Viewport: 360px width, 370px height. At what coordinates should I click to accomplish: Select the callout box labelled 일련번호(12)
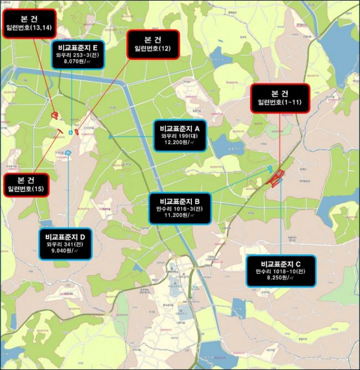pyautogui.click(x=153, y=44)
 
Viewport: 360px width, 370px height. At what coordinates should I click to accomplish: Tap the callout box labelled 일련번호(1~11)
pyautogui.click(x=280, y=98)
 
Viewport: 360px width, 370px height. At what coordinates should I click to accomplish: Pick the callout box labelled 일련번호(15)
pyautogui.click(x=25, y=184)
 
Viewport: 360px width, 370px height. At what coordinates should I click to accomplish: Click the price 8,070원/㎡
pyautogui.click(x=78, y=61)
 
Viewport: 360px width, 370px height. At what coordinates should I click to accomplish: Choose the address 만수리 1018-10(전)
pyautogui.click(x=281, y=271)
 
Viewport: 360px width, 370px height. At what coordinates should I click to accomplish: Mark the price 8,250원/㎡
pyautogui.click(x=281, y=278)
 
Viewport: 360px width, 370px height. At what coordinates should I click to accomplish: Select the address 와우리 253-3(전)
pyautogui.click(x=78, y=54)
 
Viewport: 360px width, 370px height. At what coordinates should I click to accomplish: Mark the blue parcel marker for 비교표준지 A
pyautogui.click(x=110, y=137)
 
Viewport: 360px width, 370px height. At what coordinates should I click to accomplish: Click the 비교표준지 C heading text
pyautogui.click(x=281, y=263)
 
